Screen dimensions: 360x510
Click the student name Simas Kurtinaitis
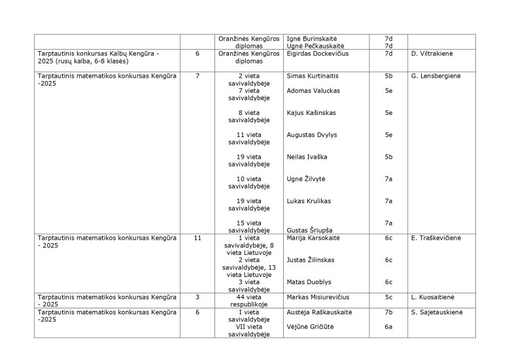click(313, 76)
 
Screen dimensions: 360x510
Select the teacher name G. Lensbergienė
click(435, 76)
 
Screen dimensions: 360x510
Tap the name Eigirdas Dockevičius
click(318, 54)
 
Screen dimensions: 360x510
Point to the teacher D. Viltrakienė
click(433, 54)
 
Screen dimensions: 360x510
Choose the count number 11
click(197, 238)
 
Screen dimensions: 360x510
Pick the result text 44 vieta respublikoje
click(249, 301)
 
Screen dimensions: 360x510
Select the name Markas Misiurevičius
click(318, 297)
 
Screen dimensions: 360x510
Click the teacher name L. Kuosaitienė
click(433, 297)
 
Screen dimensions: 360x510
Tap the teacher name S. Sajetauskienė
click(437, 312)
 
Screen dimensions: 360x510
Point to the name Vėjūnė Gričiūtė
click(310, 327)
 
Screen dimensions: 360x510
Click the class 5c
click(388, 297)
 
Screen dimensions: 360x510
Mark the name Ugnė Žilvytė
click(306, 179)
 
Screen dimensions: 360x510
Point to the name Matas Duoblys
click(307, 282)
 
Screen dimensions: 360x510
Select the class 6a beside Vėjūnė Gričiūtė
click(388, 327)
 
